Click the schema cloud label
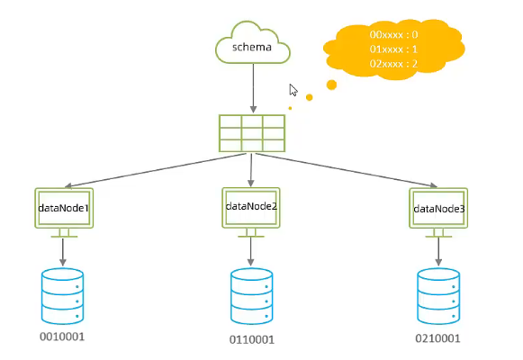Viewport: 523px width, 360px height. tap(252, 47)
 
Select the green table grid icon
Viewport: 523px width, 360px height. tap(252, 133)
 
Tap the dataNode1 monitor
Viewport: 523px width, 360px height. tap(64, 212)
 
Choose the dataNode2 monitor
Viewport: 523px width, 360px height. tap(251, 212)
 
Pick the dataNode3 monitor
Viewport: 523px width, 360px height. tap(438, 212)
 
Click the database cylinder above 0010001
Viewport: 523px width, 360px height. tap(62, 296)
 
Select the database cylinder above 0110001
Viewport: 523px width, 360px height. tap(251, 296)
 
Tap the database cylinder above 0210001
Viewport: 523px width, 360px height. tap(438, 296)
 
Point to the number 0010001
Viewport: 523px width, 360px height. tap(62, 337)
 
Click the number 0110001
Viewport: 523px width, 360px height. tap(252, 339)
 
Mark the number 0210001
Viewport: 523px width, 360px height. tap(438, 338)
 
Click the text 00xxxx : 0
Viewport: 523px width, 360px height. tap(393, 35)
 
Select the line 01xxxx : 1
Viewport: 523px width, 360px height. tap(393, 49)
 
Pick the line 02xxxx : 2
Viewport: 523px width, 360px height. tap(393, 64)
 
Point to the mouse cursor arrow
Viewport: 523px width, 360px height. tap(293, 90)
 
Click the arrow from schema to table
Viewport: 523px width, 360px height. tap(253, 88)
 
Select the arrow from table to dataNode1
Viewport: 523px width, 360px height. tap(156, 170)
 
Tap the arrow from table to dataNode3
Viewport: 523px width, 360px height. tap(347, 170)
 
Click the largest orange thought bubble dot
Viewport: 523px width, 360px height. tap(331, 85)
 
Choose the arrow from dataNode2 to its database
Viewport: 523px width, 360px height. tap(251, 252)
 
